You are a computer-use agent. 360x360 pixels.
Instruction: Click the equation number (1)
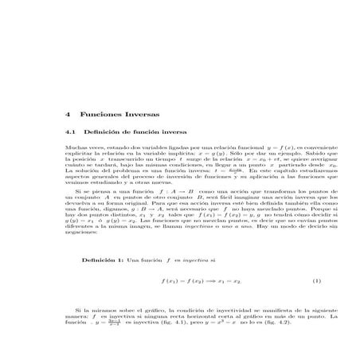(x=294, y=281)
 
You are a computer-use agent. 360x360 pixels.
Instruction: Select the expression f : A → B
(x=169, y=192)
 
